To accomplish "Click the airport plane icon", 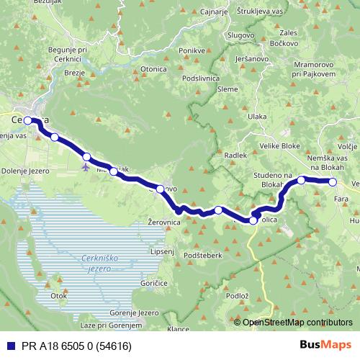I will [86, 167].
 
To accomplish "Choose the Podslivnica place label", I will [201, 77].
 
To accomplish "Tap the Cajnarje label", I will [214, 12].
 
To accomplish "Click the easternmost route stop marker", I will [333, 182].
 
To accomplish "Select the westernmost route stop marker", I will [27, 120].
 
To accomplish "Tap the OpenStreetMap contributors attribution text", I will [298, 322].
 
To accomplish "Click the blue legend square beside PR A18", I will [9, 345].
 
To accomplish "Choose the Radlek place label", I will [235, 155].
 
